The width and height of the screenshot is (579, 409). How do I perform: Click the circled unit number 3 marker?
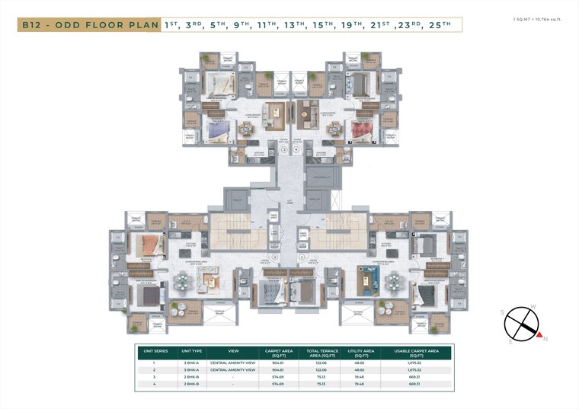[x=284, y=150]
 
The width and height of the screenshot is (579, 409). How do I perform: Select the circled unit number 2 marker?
[x=276, y=257]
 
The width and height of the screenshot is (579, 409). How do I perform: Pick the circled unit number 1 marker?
[x=302, y=257]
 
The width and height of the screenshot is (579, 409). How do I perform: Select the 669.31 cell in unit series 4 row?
[x=414, y=385]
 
